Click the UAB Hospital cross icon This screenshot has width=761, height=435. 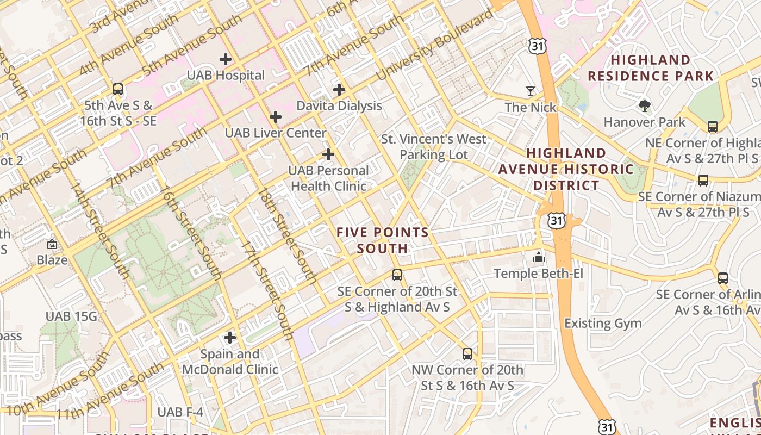[226, 59]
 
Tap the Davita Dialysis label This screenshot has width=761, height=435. [339, 105]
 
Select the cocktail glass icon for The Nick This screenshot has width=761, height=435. [531, 91]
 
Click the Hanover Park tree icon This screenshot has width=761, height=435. [645, 105]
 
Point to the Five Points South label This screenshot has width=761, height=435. [383, 240]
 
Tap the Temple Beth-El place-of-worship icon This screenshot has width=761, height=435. [539, 257]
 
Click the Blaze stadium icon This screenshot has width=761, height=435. [52, 244]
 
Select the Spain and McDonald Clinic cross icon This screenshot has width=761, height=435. [230, 338]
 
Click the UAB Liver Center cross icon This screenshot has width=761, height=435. [276, 116]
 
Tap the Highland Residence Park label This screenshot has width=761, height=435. [651, 68]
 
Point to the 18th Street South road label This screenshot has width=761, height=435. [288, 236]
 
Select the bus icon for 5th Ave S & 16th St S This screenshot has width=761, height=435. [118, 89]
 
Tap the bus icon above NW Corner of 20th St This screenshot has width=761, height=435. [467, 354]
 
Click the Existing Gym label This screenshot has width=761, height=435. [603, 324]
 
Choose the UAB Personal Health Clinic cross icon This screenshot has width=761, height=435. [328, 154]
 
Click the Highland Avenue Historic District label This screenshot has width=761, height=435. [566, 169]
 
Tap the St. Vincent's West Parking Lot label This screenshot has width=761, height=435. [433, 147]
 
